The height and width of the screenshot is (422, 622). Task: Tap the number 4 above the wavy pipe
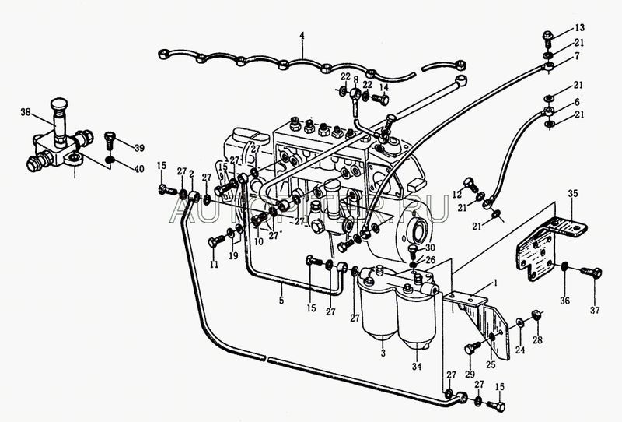pos(303,35)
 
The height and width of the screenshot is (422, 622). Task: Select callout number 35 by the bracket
pos(573,192)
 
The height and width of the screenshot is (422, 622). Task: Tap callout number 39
pos(139,148)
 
